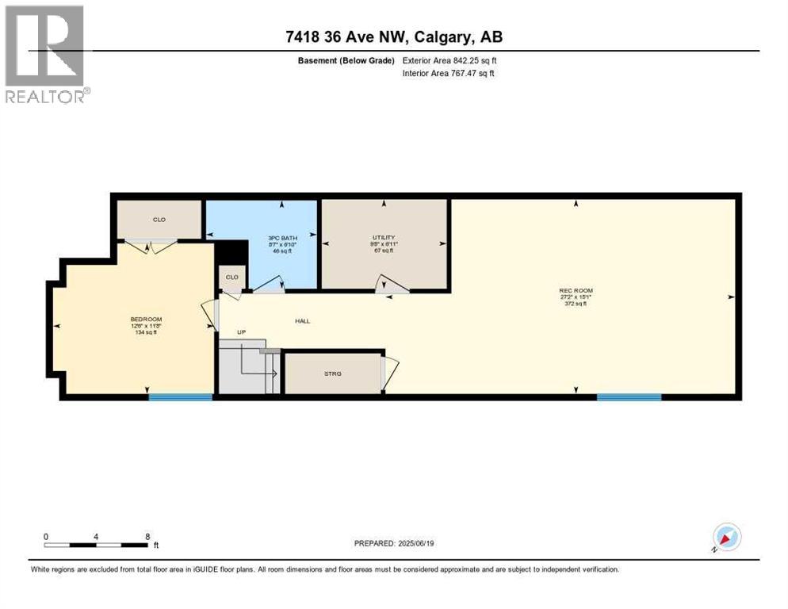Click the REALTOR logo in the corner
(x=46, y=54)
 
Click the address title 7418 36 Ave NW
(x=394, y=36)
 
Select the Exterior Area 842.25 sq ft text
(x=449, y=60)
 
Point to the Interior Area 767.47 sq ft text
(x=449, y=74)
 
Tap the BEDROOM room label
(x=146, y=320)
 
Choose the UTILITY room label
(x=384, y=238)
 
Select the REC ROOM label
(x=576, y=291)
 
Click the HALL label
(x=302, y=321)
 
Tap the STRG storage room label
(x=333, y=373)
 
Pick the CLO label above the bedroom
(x=159, y=220)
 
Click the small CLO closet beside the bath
(x=232, y=278)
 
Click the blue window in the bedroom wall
(x=181, y=397)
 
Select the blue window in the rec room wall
(x=629, y=397)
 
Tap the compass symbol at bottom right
(x=726, y=537)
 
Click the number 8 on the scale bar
(x=147, y=536)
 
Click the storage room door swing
(x=390, y=371)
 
